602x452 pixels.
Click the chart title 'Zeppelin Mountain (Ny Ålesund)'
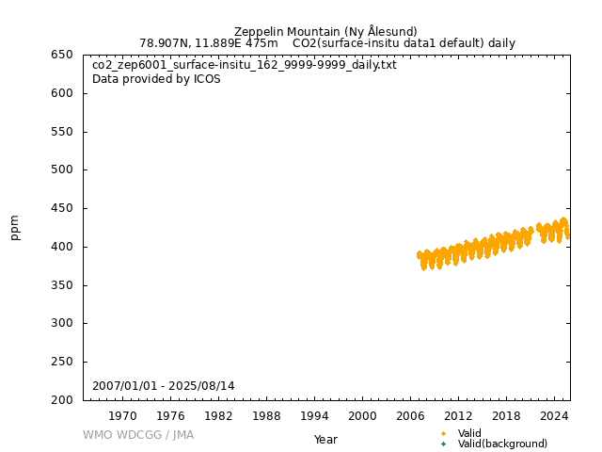[325, 31]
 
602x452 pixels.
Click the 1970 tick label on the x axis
[122, 416]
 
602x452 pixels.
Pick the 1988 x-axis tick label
[266, 416]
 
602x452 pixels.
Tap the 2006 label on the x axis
[410, 416]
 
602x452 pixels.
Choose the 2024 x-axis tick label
[554, 416]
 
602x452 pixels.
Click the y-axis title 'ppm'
[15, 227]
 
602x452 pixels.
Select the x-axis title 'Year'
[325, 440]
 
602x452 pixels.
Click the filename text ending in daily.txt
[245, 65]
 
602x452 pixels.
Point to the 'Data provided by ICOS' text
[156, 79]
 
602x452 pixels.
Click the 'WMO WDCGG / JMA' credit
[138, 435]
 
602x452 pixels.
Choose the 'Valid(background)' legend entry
[501, 444]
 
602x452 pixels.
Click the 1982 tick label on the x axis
[218, 416]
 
